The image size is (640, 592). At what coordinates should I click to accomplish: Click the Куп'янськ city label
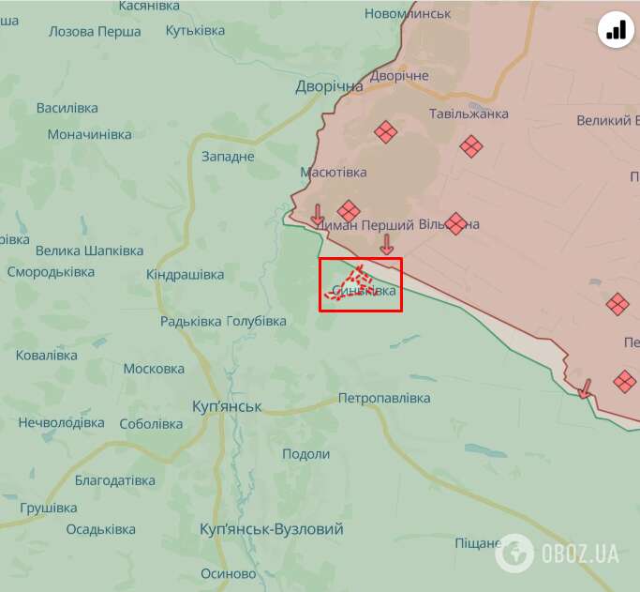coord(226,406)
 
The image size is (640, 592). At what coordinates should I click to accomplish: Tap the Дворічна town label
coord(329,86)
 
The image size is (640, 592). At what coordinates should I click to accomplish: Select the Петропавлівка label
coord(384,398)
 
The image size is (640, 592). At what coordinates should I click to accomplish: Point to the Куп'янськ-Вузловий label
coord(272,529)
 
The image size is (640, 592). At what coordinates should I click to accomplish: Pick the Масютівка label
coord(334,173)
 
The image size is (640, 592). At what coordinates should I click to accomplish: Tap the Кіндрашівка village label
coord(186,275)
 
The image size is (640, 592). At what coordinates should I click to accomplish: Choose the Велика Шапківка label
coord(90,250)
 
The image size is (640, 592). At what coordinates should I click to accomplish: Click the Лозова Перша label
coord(95,31)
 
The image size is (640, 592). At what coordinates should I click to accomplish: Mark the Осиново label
coord(229,573)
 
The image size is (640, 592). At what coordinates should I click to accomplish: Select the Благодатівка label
coord(115,480)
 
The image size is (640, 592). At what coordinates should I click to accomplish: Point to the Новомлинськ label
coord(408,14)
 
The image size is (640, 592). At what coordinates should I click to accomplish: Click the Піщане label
coord(478,543)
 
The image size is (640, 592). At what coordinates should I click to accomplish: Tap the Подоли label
coord(306,454)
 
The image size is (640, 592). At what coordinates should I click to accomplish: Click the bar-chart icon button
coord(616,31)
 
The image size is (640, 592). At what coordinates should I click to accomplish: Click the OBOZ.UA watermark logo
coord(558,553)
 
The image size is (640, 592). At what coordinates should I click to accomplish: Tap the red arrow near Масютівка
coord(318,215)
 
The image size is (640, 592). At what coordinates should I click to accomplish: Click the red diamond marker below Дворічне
coord(385,132)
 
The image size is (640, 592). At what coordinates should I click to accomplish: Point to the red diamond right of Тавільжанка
coord(471,145)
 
